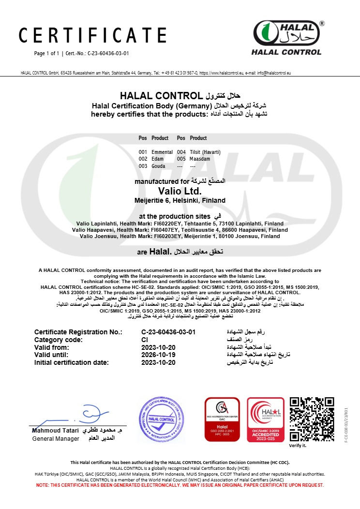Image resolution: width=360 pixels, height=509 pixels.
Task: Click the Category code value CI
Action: (x=144, y=340)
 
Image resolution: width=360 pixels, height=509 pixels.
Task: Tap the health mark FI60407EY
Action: (x=154, y=230)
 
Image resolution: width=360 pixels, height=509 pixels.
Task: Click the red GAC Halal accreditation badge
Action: (x=222, y=419)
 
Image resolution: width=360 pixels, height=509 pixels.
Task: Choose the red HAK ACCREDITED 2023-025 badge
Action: (x=266, y=419)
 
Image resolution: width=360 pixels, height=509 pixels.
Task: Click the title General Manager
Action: (x=56, y=438)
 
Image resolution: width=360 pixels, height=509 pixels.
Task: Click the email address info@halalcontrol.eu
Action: (x=273, y=73)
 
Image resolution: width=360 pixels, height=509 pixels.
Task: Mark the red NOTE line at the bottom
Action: (x=180, y=485)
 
